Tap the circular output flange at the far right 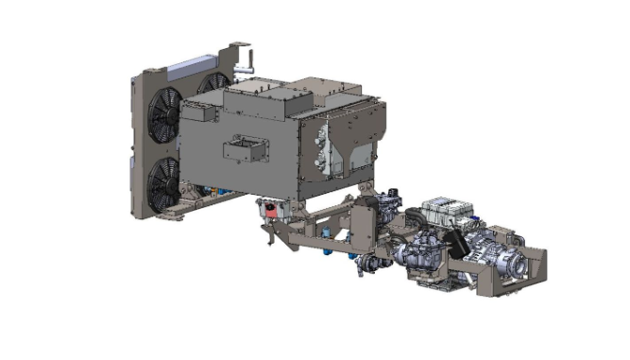point(519,266)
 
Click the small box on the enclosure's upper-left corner point(199,111)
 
